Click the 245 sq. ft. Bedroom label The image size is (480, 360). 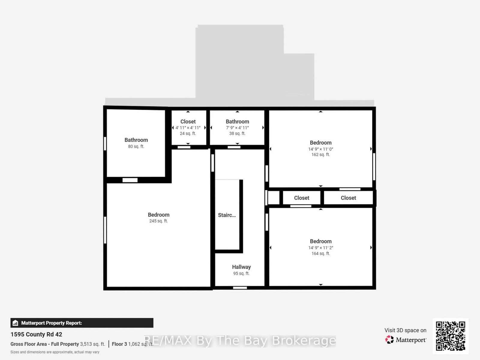coord(158,215)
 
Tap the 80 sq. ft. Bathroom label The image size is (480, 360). coord(136,140)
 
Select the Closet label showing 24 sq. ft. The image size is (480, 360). coord(188,122)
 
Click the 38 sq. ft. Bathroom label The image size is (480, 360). coord(237,122)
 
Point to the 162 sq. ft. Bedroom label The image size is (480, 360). coord(320,143)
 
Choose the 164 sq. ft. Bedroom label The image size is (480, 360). coord(320,241)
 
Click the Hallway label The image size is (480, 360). coord(241,267)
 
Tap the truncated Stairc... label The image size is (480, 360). coord(227,215)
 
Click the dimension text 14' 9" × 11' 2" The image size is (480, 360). coord(320,248)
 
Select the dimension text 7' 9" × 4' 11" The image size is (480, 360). coord(237,128)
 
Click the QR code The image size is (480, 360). coord(450,336)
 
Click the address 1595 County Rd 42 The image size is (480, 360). coord(36,334)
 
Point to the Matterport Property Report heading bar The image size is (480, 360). coord(82,323)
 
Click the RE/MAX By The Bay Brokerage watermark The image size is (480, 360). coord(240,340)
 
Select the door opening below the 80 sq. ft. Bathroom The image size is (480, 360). coord(130,180)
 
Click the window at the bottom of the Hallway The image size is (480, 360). coord(240,288)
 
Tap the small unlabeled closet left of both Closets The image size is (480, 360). coord(273,198)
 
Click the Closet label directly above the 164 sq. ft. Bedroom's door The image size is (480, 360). coord(301,198)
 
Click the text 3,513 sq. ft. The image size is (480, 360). coord(92,344)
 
